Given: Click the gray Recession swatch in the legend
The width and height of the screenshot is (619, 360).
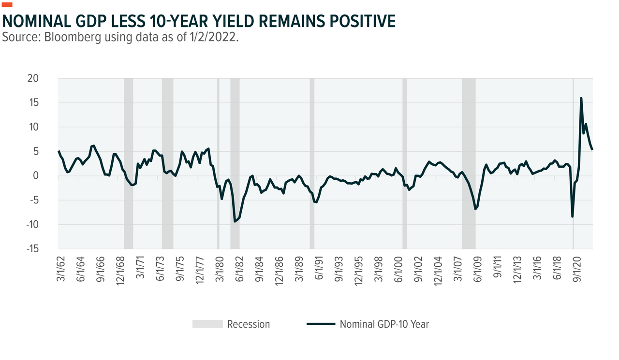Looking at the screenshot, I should coord(207,324).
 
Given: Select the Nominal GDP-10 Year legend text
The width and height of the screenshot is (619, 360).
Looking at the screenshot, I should coord(384,324).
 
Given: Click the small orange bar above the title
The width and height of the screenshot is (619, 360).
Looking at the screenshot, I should coord(8,5).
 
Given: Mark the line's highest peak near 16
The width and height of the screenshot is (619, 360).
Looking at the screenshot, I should coord(581,98).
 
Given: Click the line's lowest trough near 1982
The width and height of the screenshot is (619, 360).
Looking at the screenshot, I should coord(235,221).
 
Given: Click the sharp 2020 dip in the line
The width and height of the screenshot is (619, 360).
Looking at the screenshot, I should coord(573,216).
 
